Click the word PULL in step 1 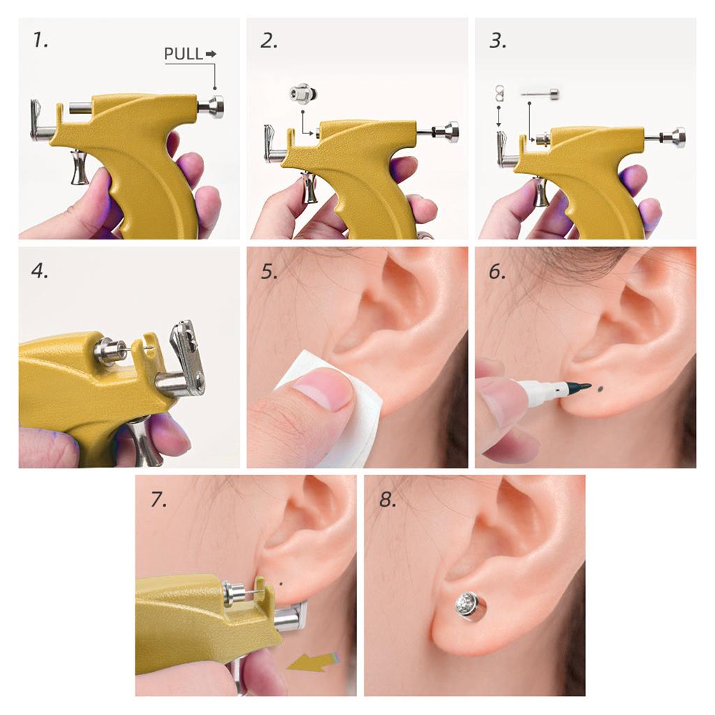pyautogui.click(x=184, y=54)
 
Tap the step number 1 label pyautogui.click(x=40, y=40)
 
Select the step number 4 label pyautogui.click(x=40, y=270)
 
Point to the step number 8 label pyautogui.click(x=388, y=499)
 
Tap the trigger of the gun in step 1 pyautogui.click(x=80, y=167)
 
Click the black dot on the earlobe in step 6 pyautogui.click(x=600, y=389)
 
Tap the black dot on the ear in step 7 pyautogui.click(x=281, y=583)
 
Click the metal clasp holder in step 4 pyautogui.click(x=188, y=353)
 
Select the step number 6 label pyautogui.click(x=497, y=272)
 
